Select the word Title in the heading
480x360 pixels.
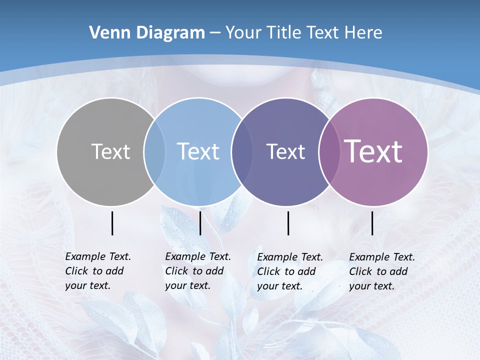click(284, 33)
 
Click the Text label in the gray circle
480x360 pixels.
click(110, 151)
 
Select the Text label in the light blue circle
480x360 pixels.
click(198, 151)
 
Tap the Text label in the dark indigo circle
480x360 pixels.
click(285, 151)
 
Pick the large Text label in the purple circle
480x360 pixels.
click(373, 151)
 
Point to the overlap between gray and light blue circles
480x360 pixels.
click(154, 152)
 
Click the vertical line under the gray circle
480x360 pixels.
click(112, 223)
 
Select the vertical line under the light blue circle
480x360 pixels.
click(200, 223)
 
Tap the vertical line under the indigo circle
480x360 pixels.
click(288, 223)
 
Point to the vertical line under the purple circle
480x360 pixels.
click(372, 223)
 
